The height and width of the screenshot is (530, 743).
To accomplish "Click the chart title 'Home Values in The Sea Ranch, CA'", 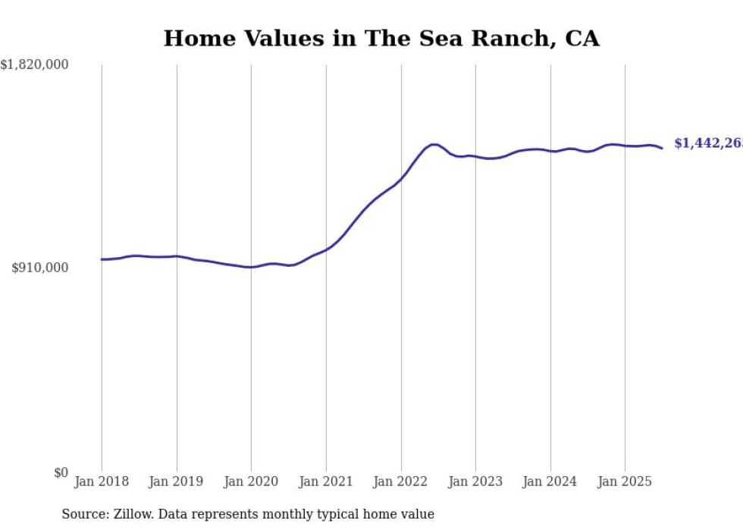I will pyautogui.click(x=381, y=39).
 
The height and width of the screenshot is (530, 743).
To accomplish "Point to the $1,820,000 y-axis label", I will pyautogui.click(x=35, y=65).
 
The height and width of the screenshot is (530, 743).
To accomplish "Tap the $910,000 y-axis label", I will pyautogui.click(x=40, y=268).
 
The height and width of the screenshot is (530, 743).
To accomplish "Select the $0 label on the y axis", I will pyautogui.click(x=61, y=472).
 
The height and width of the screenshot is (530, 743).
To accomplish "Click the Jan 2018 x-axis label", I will pyautogui.click(x=102, y=481).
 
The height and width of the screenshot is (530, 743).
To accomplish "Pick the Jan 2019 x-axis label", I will pyautogui.click(x=177, y=481).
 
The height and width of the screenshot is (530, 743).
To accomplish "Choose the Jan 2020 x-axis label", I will pyautogui.click(x=251, y=481).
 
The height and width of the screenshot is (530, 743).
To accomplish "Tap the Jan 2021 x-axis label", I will pyautogui.click(x=326, y=481).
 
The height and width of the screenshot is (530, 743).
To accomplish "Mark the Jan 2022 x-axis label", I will pyautogui.click(x=401, y=481).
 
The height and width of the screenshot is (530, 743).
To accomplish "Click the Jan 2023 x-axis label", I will pyautogui.click(x=475, y=481).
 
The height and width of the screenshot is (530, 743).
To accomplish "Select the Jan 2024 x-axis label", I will pyautogui.click(x=550, y=481).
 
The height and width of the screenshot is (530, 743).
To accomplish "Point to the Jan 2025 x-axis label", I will pyautogui.click(x=625, y=481).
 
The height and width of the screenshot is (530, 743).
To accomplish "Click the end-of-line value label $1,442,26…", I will pyautogui.click(x=707, y=143).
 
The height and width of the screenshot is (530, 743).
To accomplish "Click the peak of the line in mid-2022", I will pyautogui.click(x=434, y=144).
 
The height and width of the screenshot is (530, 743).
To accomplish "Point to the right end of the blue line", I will pyautogui.click(x=662, y=148).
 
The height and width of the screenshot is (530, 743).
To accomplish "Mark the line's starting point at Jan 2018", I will pyautogui.click(x=102, y=259).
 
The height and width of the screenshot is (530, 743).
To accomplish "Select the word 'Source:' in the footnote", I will pyautogui.click(x=84, y=514).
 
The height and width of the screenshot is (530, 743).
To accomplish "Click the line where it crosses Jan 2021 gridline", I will pyautogui.click(x=326, y=249).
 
